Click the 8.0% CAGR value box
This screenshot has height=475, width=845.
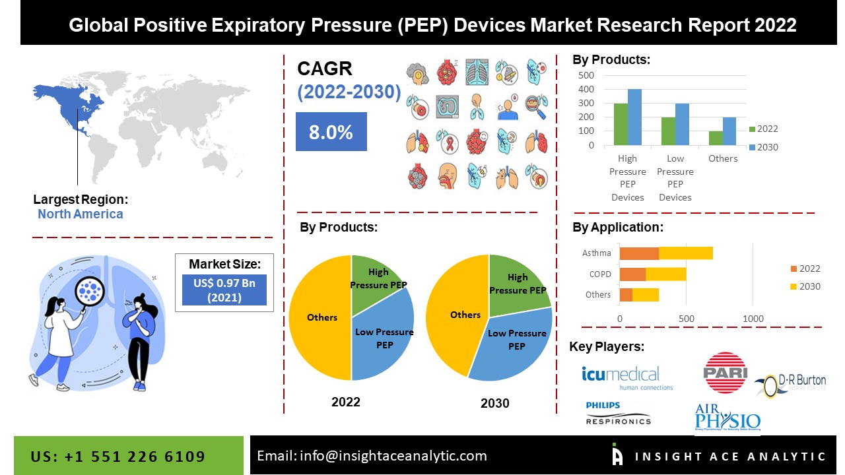[x=331, y=131]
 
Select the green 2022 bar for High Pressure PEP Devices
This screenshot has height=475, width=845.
[x=621, y=124]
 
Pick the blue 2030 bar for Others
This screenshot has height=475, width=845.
[x=730, y=131]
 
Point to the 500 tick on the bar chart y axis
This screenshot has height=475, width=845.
[x=586, y=75]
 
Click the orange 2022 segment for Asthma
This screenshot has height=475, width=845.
[x=639, y=253]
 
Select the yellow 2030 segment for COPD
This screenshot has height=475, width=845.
[x=666, y=274]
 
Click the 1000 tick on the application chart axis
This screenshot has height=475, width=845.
[x=753, y=319]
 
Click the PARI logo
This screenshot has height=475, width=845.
[x=726, y=373]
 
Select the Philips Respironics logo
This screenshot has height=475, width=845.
[x=618, y=413]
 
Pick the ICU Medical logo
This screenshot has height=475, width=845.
[x=621, y=377]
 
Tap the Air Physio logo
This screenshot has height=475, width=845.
[x=727, y=418]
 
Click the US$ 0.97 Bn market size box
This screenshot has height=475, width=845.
[x=224, y=290]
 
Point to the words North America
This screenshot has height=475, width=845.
[x=80, y=214]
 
